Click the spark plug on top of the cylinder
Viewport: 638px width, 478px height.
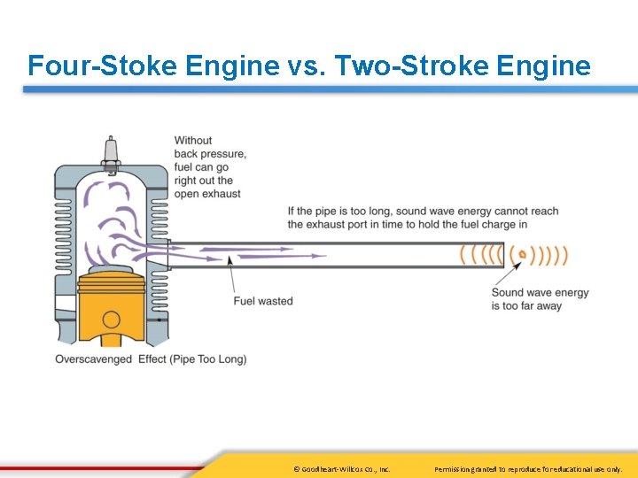tap(111, 152)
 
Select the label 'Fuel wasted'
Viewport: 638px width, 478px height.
tap(263, 301)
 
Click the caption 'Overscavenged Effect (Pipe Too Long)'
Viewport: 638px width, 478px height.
tap(151, 359)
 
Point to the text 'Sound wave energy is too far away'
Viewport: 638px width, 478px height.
tap(540, 299)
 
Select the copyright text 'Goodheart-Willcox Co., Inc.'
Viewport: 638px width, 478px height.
tap(342, 468)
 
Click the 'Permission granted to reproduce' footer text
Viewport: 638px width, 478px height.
tap(528, 468)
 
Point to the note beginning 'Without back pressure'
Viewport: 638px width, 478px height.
tap(209, 166)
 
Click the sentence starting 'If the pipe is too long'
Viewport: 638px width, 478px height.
tap(423, 218)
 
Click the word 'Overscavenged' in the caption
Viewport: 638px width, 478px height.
tap(93, 359)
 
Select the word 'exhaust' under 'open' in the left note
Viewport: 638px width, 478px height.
tap(221, 194)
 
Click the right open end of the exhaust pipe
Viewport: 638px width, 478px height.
tap(502, 255)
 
